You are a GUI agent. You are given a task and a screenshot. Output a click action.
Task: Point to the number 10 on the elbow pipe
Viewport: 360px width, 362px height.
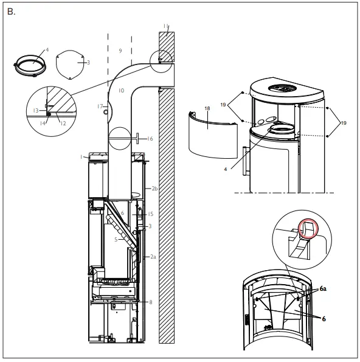coord(121,90)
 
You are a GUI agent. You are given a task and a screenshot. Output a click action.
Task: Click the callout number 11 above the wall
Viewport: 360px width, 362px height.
coord(165,26)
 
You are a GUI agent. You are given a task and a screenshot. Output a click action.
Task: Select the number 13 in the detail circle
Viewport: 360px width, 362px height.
coord(36,110)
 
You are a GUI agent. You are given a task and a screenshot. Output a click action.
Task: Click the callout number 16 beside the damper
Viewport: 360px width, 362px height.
coord(150,139)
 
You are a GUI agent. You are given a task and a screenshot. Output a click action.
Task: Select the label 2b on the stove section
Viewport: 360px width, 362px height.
coord(154,189)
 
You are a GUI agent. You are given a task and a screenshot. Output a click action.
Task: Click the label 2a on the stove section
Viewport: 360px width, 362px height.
coord(154,257)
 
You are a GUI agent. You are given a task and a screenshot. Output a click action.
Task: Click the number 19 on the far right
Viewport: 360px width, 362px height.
coord(344,123)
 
